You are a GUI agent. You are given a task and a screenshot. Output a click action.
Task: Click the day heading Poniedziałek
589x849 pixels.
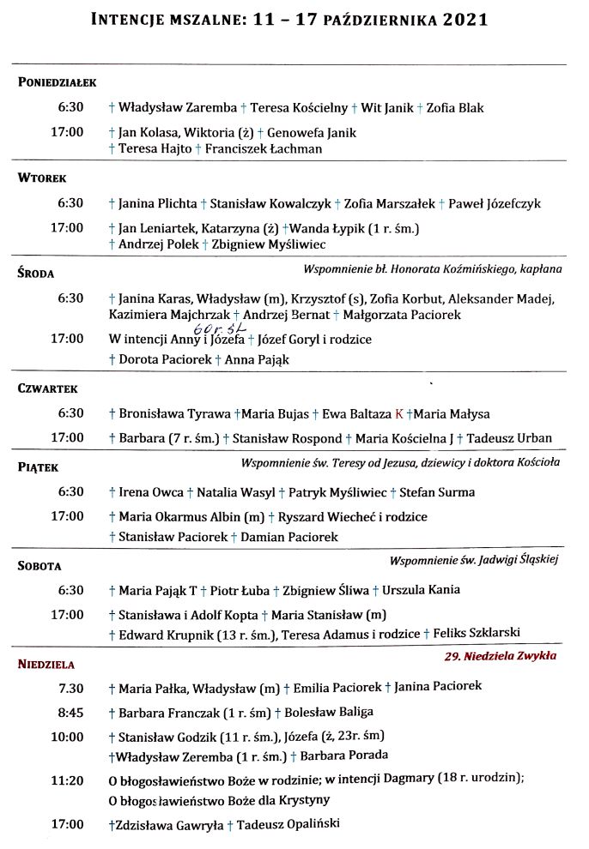tap(57, 82)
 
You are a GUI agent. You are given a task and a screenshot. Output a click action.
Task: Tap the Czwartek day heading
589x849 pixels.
tap(48, 388)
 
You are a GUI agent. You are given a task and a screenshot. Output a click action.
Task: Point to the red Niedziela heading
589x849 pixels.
tap(46, 664)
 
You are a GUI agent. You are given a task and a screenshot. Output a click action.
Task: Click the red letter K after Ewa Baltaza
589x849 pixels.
tap(398, 414)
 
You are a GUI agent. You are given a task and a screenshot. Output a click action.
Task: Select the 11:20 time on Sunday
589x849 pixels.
tap(68, 780)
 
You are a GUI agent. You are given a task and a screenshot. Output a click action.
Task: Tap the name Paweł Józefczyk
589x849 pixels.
tap(495, 203)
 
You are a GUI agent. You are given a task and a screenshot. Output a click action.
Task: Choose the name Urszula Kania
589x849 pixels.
tap(421, 590)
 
